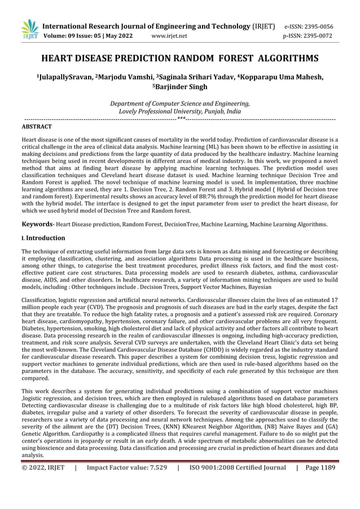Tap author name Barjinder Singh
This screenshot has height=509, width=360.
tap(181, 87)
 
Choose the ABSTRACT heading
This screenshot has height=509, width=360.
tap(36, 128)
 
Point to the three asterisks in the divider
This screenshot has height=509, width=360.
tap(180, 119)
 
